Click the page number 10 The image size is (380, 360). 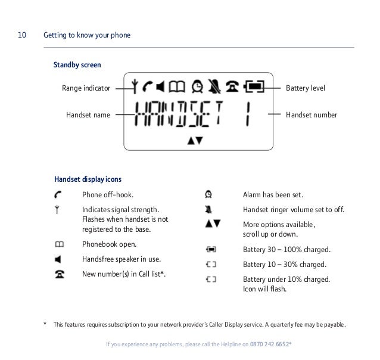pyautogui.click(x=21, y=35)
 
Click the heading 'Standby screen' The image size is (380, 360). pyautogui.click(x=77, y=64)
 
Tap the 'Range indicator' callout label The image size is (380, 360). pyautogui.click(x=86, y=88)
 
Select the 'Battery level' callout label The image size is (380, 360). pyautogui.click(x=306, y=88)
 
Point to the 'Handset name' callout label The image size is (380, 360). pyautogui.click(x=88, y=114)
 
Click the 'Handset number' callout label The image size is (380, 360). pyautogui.click(x=312, y=114)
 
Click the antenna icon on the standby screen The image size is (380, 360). pyautogui.click(x=135, y=87)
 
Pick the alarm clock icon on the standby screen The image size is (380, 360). pyautogui.click(x=197, y=87)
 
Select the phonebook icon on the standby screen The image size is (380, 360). pyautogui.click(x=177, y=87)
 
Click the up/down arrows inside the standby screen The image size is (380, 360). pyautogui.click(x=195, y=141)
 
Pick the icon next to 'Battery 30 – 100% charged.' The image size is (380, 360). pyautogui.click(x=211, y=249)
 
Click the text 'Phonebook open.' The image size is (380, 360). pyautogui.click(x=109, y=244)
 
